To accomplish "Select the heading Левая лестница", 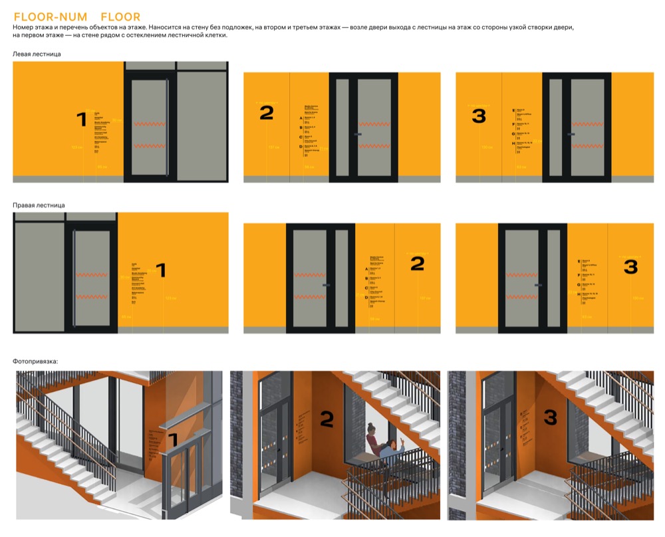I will pyautogui.click(x=37, y=54).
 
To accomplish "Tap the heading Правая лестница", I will pyautogui.click(x=39, y=205).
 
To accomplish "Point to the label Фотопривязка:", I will pyautogui.click(x=35, y=361).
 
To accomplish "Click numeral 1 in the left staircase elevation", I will pyautogui.click(x=82, y=120).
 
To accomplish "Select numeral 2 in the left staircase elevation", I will pyautogui.click(x=266, y=113).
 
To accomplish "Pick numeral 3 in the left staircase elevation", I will pyautogui.click(x=478, y=116).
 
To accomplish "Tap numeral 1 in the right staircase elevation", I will pyautogui.click(x=160, y=270).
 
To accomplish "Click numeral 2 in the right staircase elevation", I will pyautogui.click(x=417, y=264).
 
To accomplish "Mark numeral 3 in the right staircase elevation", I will pyautogui.click(x=630, y=267).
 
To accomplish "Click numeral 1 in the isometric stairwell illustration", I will pyautogui.click(x=172, y=439).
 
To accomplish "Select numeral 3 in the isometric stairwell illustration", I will pyautogui.click(x=550, y=418).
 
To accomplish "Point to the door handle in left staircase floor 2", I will pyautogui.click(x=358, y=134).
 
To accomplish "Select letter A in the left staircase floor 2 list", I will pyautogui.click(x=301, y=118).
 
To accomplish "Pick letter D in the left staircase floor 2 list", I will pyautogui.click(x=301, y=147).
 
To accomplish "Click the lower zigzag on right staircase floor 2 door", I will pyautogui.click(x=309, y=297).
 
